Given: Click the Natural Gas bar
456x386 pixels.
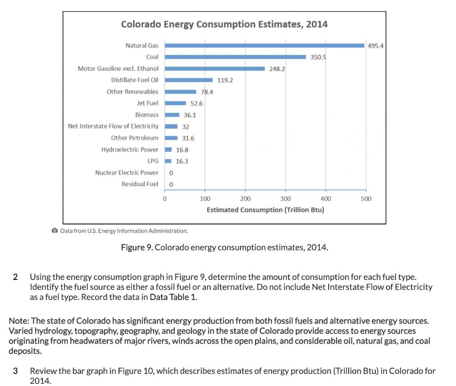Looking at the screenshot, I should click(265, 45).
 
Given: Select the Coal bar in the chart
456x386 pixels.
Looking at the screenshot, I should click(235, 57).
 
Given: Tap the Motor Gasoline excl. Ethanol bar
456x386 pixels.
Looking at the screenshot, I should click(215, 69).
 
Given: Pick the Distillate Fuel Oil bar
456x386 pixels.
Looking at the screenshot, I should click(189, 80).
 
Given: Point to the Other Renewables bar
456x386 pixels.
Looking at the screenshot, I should click(180, 92).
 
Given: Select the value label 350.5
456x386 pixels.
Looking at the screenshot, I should click(318, 57).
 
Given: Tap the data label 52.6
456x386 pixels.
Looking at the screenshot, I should click(196, 103).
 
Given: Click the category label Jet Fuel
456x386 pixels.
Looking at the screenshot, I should click(147, 103).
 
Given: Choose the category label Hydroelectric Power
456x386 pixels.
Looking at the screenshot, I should click(130, 149).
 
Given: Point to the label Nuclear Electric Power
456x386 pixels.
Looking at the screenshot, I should click(126, 172).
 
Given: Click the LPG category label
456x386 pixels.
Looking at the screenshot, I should click(153, 161).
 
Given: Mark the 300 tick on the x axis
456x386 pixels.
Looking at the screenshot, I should click(285, 199).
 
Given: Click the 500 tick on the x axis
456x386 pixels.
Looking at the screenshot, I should click(366, 199).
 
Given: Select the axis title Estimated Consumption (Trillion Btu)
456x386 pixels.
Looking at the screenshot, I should click(265, 209).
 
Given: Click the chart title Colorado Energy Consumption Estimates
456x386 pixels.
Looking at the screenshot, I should click(224, 25).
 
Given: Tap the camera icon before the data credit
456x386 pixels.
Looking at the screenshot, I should click(55, 231).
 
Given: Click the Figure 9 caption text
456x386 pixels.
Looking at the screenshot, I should click(224, 247).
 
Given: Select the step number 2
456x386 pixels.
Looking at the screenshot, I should click(16, 276).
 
